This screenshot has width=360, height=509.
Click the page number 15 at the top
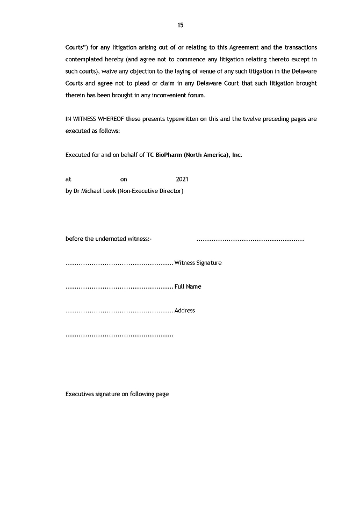point(180,25)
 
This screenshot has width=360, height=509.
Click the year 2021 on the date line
point(182,180)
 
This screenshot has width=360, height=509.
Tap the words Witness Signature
point(198,263)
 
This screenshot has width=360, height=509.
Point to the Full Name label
point(188,286)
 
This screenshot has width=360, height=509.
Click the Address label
point(185,311)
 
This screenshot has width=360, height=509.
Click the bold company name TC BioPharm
point(168,155)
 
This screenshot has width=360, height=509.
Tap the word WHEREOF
point(114,119)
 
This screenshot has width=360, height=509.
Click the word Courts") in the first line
point(77,48)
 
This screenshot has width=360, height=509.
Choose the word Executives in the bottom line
point(80,394)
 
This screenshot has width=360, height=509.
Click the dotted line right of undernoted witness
point(250,239)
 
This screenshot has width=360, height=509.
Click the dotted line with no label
point(119,335)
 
